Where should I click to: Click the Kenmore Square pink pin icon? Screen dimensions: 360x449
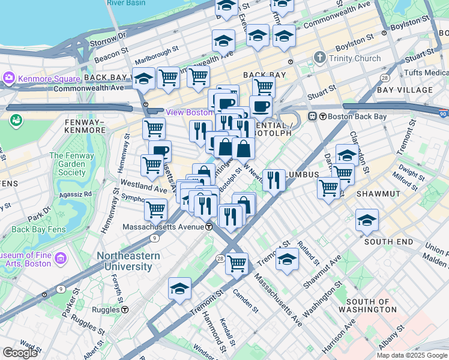click(x=9, y=79)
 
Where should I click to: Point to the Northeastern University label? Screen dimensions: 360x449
click(x=128, y=261)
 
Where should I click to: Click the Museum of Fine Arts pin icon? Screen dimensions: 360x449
click(x=60, y=259)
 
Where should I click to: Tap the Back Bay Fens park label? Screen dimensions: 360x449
click(x=37, y=229)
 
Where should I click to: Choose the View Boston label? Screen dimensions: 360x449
click(x=189, y=112)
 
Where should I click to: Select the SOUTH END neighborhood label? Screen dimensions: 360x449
click(x=388, y=241)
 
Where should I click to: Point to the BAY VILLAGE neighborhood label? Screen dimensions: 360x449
click(x=405, y=90)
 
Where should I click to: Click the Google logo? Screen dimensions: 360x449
click(x=20, y=353)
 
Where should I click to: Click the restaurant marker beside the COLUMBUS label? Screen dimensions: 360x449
click(x=274, y=180)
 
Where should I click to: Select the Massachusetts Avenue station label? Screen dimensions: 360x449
click(x=163, y=227)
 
